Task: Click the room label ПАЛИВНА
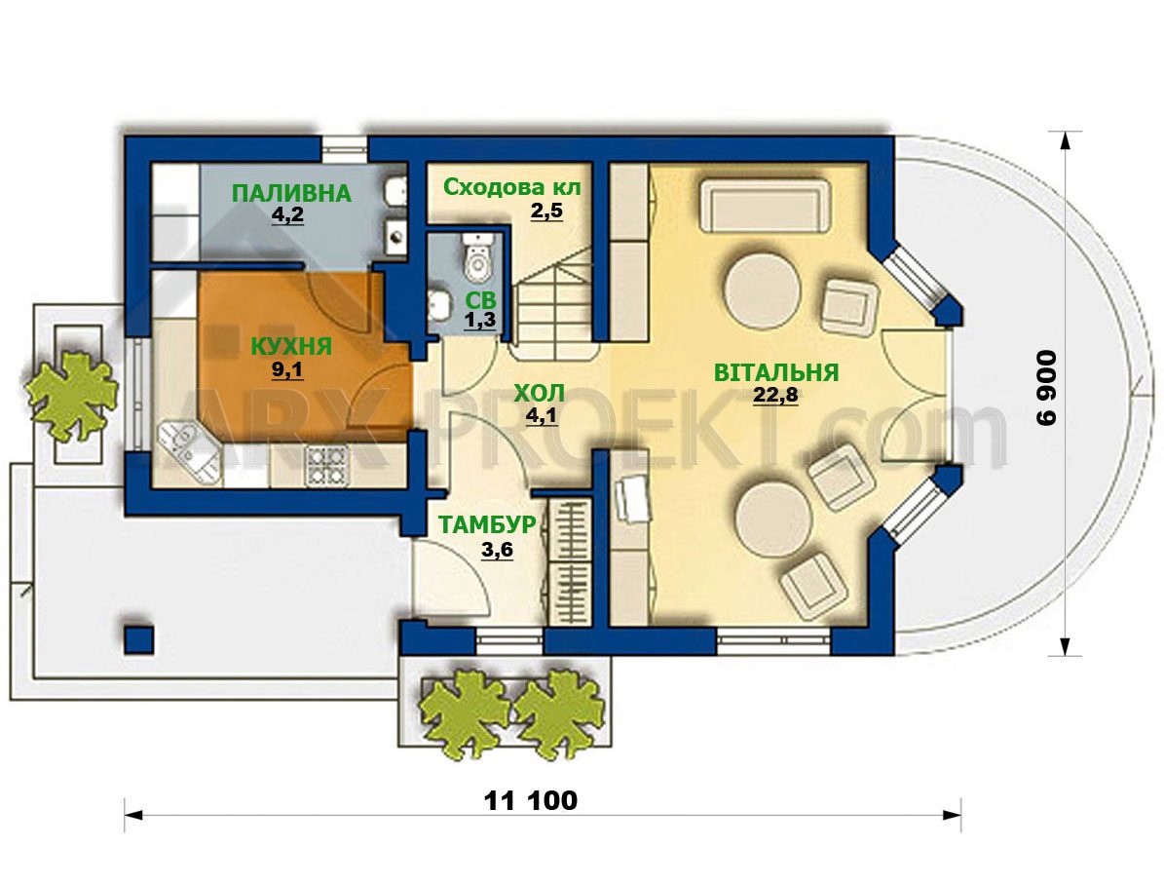[x=291, y=193]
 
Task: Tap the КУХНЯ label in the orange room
[x=291, y=346]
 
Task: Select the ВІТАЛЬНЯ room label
[x=775, y=372]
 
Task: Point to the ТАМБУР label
[x=487, y=524]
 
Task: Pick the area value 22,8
[x=775, y=395]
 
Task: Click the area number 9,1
[x=287, y=369]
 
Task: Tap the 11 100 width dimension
[x=530, y=800]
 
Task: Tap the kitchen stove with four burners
[x=326, y=467]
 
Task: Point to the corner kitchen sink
[x=188, y=448]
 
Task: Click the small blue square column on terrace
[x=139, y=639]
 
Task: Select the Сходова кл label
[x=512, y=188]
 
